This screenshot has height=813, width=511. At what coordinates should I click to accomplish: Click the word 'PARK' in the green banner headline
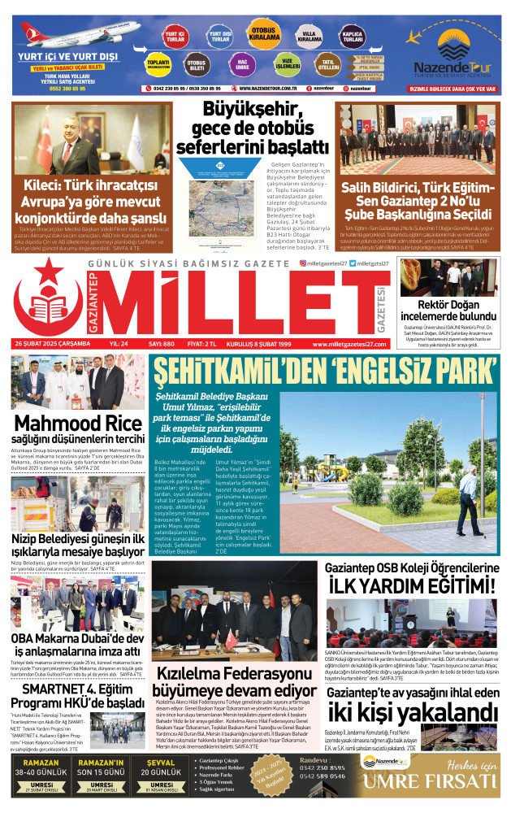point(459,372)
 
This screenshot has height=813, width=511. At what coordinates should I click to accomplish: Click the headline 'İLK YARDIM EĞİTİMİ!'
point(410,585)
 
